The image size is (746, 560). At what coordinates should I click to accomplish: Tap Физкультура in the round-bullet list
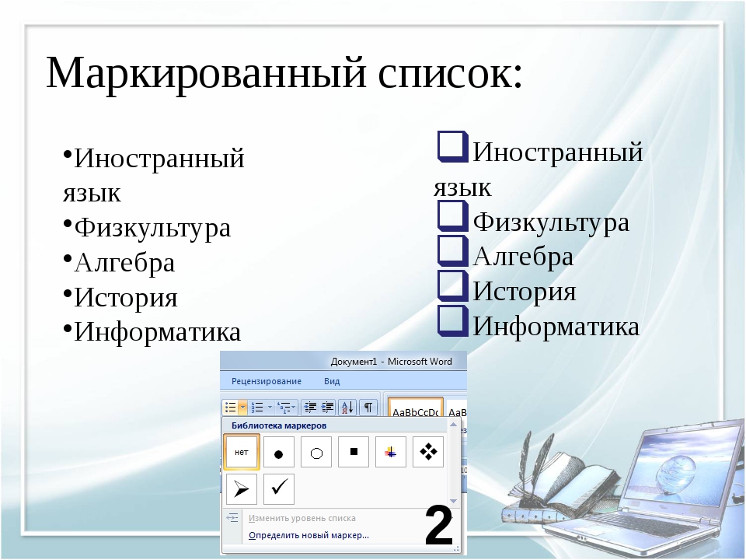(x=152, y=227)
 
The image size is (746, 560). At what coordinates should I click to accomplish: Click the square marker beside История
(x=452, y=285)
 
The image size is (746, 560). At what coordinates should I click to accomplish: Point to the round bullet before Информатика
(x=68, y=328)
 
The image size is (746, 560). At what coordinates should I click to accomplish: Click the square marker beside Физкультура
(x=452, y=215)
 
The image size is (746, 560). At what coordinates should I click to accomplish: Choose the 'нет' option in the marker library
(x=241, y=452)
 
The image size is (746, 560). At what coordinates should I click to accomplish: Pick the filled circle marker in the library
(x=279, y=452)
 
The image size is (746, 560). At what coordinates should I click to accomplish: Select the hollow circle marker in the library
(x=316, y=452)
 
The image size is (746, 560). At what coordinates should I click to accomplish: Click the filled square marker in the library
(x=354, y=452)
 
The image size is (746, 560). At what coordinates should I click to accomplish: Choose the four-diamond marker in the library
(x=428, y=452)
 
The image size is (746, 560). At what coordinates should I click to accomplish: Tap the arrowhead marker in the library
(x=241, y=489)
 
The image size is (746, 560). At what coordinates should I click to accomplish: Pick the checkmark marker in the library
(x=279, y=489)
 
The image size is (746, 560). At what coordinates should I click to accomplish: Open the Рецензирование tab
(x=267, y=381)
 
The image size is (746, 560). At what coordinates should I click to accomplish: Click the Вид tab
(x=332, y=381)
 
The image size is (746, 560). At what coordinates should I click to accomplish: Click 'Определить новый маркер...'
(x=309, y=535)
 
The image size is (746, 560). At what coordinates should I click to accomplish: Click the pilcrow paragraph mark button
(x=368, y=407)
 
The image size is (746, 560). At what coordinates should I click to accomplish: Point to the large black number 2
(x=438, y=526)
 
